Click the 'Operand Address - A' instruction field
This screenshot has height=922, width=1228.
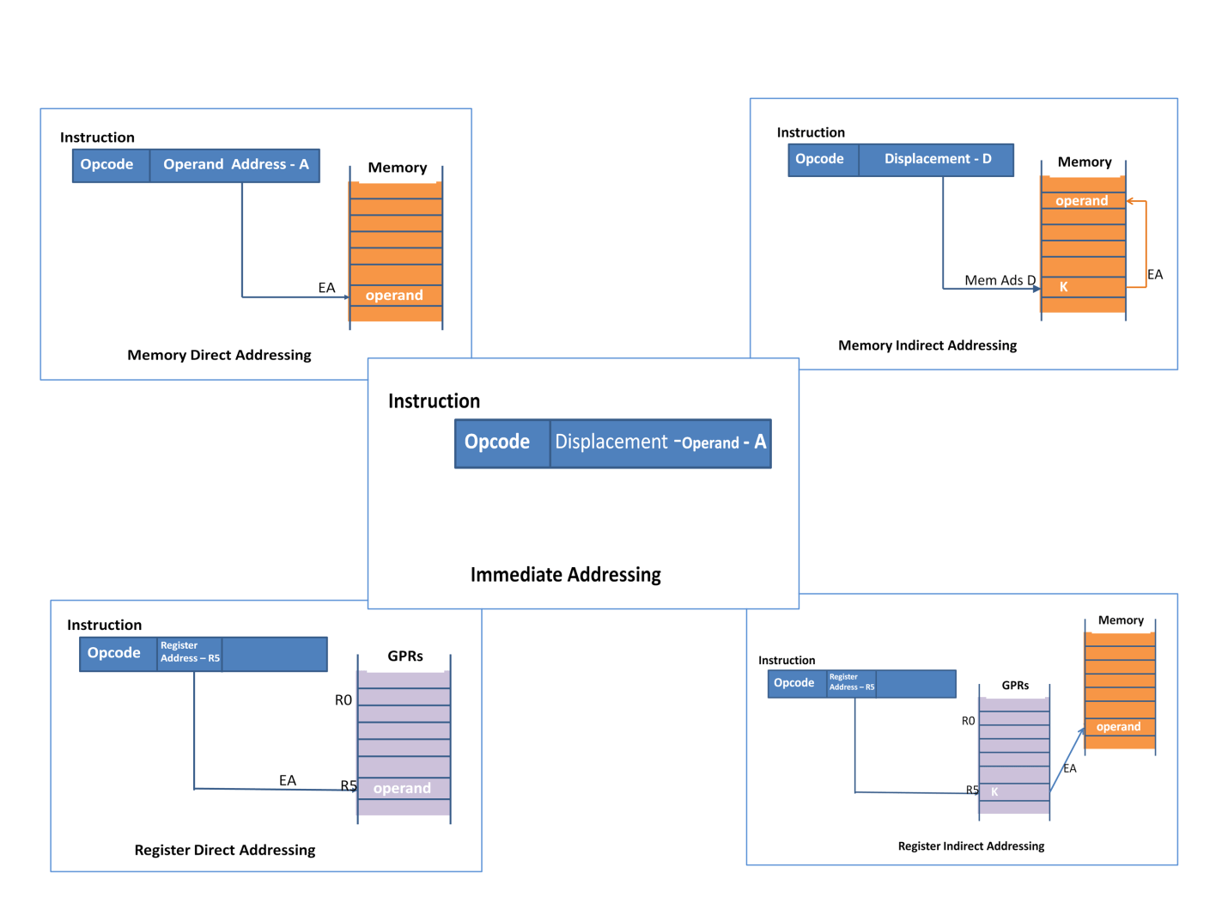235,165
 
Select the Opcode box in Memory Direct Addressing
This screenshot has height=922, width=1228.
107,165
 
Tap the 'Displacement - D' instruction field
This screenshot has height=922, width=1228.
937,159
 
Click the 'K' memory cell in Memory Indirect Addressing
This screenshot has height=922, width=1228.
1082,287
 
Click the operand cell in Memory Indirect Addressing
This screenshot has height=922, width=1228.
1082,201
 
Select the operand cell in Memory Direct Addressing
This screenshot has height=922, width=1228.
395,296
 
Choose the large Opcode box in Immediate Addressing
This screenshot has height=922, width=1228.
498,443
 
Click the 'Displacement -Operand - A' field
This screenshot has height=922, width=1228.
660,443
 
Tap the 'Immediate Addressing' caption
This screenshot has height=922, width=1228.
565,575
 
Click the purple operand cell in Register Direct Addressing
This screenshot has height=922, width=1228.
403,789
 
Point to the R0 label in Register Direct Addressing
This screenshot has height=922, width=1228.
343,700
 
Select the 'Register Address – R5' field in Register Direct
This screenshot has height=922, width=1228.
190,653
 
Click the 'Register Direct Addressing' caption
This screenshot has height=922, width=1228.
225,850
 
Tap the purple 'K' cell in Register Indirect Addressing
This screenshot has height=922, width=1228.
1013,792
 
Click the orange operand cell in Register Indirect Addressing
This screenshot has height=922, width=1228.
1119,727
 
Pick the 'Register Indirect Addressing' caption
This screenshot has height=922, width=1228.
970,846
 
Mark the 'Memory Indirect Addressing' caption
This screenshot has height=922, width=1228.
927,345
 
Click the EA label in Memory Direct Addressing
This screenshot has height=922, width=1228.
326,288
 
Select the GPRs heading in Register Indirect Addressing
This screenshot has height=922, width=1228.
1015,686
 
